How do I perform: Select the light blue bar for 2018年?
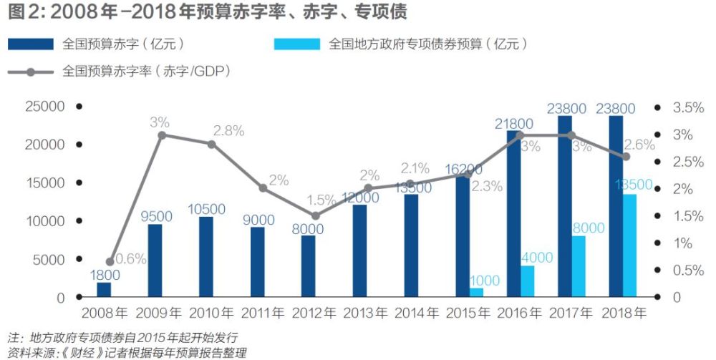[x=629, y=245]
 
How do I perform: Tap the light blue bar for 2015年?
[x=476, y=293]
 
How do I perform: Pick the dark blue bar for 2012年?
[x=308, y=266]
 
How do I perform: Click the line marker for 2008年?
[x=110, y=262]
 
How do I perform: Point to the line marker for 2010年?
[x=212, y=145]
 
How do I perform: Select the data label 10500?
[x=206, y=209]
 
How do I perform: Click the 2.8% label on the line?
[x=229, y=131]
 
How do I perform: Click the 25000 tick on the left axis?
[x=45, y=107]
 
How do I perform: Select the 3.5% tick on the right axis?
[x=684, y=107]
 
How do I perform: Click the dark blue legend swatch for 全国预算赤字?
[x=31, y=44]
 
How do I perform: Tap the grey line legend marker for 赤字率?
[x=31, y=72]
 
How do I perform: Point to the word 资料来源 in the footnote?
[x=29, y=352]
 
